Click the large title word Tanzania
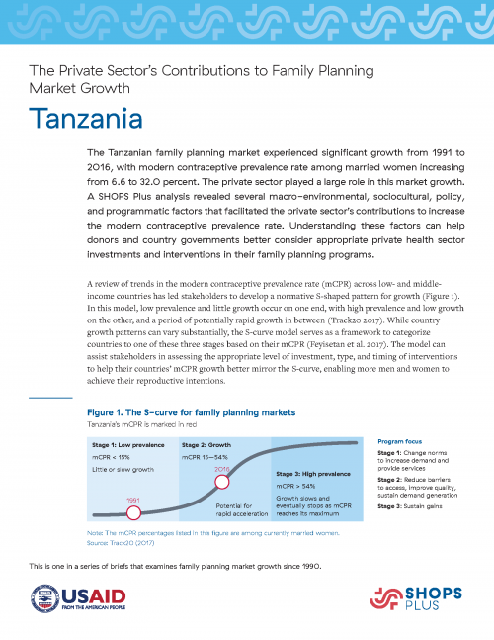85,120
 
